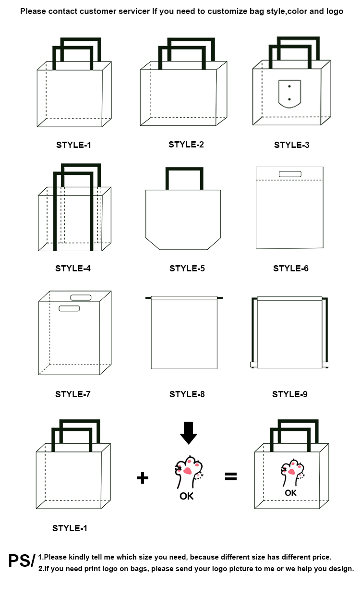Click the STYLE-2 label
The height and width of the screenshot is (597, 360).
[186, 145]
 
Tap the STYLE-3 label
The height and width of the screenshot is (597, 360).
[291, 145]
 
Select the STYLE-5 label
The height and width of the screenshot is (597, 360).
[187, 268]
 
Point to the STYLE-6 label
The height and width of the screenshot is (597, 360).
[291, 268]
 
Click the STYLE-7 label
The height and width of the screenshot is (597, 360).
[73, 394]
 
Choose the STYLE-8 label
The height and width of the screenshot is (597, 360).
[187, 394]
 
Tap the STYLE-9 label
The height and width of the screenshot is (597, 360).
[290, 394]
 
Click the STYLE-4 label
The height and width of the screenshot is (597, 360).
[73, 268]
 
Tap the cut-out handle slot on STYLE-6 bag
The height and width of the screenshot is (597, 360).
[290, 174]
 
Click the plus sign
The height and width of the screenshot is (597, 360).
[143, 478]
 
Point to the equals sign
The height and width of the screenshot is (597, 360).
[230, 476]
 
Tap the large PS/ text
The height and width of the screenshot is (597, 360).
[22, 560]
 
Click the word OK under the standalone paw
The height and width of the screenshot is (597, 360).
[186, 496]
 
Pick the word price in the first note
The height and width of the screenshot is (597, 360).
[323, 557]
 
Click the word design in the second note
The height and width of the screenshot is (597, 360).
[342, 569]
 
